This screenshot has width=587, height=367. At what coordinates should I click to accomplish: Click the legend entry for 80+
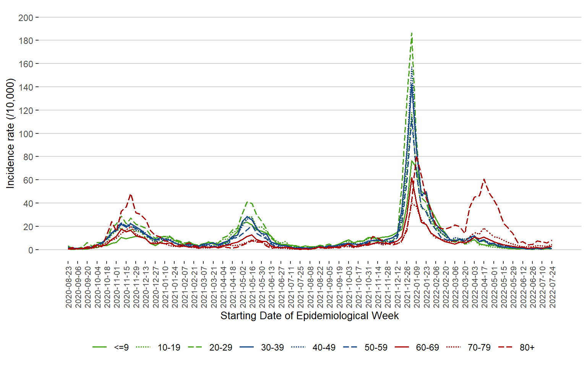[527, 348]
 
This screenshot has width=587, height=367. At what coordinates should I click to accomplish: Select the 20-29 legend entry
[221, 348]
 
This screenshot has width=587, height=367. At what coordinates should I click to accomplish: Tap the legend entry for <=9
[121, 348]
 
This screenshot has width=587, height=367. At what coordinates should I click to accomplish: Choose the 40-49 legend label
[324, 348]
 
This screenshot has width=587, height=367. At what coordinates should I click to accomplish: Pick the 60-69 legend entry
[427, 348]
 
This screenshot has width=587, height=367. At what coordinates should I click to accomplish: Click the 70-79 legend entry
[479, 348]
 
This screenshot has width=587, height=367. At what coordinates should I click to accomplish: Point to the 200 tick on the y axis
[26, 18]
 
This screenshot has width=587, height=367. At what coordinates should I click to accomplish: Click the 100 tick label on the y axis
[26, 134]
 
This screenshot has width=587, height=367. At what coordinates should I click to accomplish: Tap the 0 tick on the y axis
[30, 250]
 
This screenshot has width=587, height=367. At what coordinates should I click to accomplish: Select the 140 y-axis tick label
[26, 87]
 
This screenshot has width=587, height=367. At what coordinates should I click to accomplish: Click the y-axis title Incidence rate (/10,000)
[10, 133]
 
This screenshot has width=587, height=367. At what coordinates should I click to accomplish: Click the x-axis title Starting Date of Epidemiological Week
[310, 316]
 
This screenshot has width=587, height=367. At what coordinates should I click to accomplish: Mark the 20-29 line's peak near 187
[412, 33]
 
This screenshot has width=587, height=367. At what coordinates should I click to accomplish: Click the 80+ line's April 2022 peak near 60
[484, 179]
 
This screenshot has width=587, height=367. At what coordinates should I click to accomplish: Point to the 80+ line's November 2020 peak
[131, 195]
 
